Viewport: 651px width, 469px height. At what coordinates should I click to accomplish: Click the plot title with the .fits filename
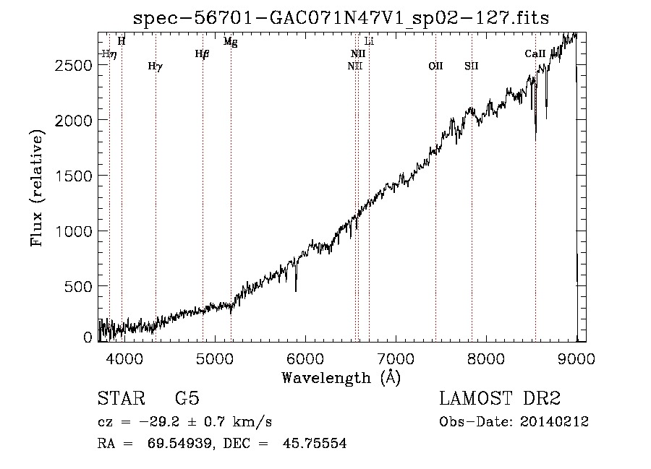coord(341,18)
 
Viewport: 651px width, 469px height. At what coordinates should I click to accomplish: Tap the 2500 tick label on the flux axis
coord(74,65)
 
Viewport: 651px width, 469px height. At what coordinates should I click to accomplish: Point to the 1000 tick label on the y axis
coord(74,231)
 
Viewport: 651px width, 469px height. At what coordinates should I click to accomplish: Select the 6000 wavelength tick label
coord(305,358)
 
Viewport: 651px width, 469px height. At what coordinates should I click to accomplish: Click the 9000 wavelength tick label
coord(576,358)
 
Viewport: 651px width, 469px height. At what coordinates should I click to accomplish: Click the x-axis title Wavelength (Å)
coord(341,378)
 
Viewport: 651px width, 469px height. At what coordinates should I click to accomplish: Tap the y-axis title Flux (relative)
coord(37,188)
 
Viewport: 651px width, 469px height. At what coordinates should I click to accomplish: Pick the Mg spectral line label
coord(231,41)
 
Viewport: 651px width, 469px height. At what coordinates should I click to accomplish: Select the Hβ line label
coord(202,54)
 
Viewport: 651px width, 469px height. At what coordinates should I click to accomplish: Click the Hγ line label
coord(156,66)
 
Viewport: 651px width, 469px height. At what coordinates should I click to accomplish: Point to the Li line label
coord(369,41)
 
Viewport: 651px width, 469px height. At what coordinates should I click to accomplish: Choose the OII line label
coord(435,66)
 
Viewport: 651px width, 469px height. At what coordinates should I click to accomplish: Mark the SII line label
coord(471,66)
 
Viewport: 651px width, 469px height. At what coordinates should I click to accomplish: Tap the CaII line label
coord(535,53)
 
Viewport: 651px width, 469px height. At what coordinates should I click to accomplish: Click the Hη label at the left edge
coord(109,54)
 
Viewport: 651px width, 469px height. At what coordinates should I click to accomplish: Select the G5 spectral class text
coord(187,398)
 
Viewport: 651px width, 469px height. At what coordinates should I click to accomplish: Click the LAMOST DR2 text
coord(500,398)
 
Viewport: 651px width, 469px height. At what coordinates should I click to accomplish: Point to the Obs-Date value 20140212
coord(554,422)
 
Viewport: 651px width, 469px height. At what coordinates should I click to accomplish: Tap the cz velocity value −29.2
coord(160,422)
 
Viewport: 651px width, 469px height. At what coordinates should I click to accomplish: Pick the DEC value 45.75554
coord(315,443)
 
